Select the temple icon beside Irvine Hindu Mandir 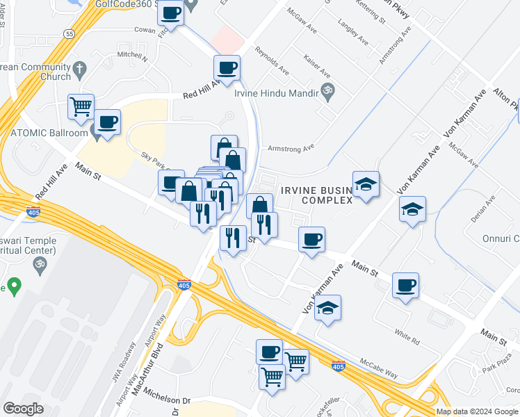pyautogui.click(x=327, y=90)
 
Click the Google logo pyautogui.click(x=23, y=408)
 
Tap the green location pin pyautogui.click(x=12, y=286)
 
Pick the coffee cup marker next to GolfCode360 pyautogui.click(x=171, y=13)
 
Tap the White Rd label pyautogui.click(x=407, y=338)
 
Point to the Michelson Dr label pyautogui.click(x=167, y=400)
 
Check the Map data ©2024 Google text pyautogui.click(x=476, y=411)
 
